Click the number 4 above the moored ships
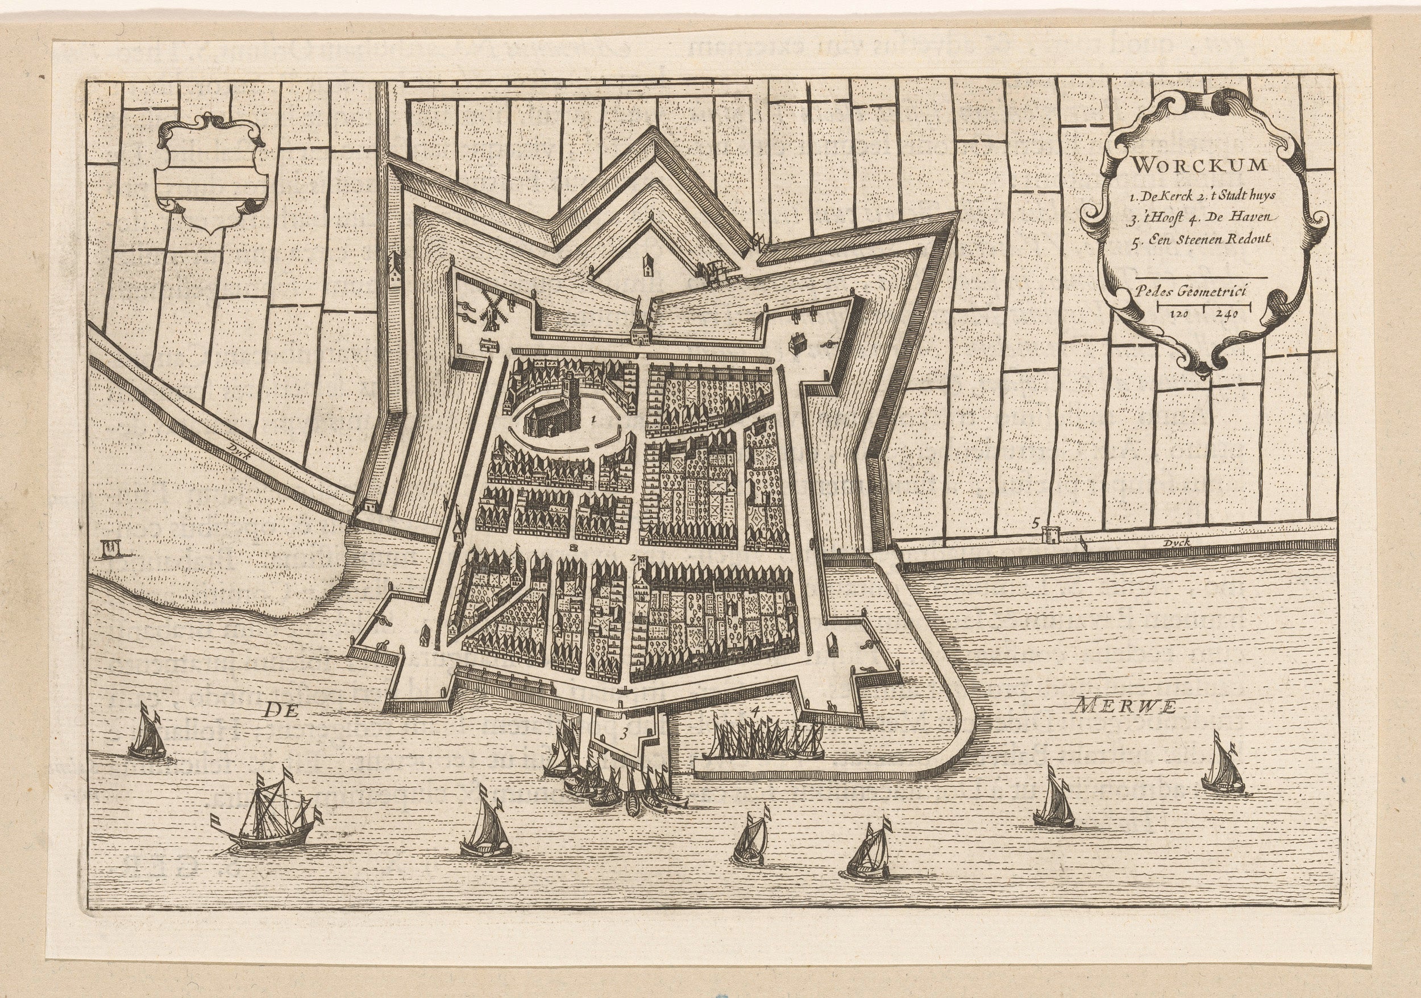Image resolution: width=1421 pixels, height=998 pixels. pos(754,711)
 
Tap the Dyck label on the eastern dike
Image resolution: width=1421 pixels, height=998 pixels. pos(1177,543)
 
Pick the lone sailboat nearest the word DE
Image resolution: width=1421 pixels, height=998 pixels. pos(147,737)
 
